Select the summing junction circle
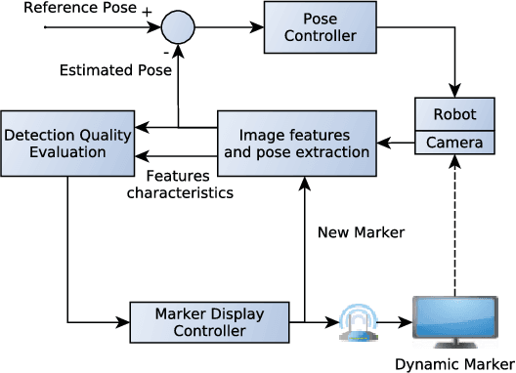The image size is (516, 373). click(x=177, y=26)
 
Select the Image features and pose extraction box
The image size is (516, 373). click(x=296, y=142)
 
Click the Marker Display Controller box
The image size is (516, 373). click(x=210, y=322)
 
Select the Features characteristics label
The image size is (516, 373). click(x=189, y=185)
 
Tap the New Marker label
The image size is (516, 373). click(x=361, y=232)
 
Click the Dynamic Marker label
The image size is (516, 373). click(x=453, y=364)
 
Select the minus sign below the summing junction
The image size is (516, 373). click(x=165, y=48)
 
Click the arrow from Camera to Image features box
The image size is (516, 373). click(x=396, y=145)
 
